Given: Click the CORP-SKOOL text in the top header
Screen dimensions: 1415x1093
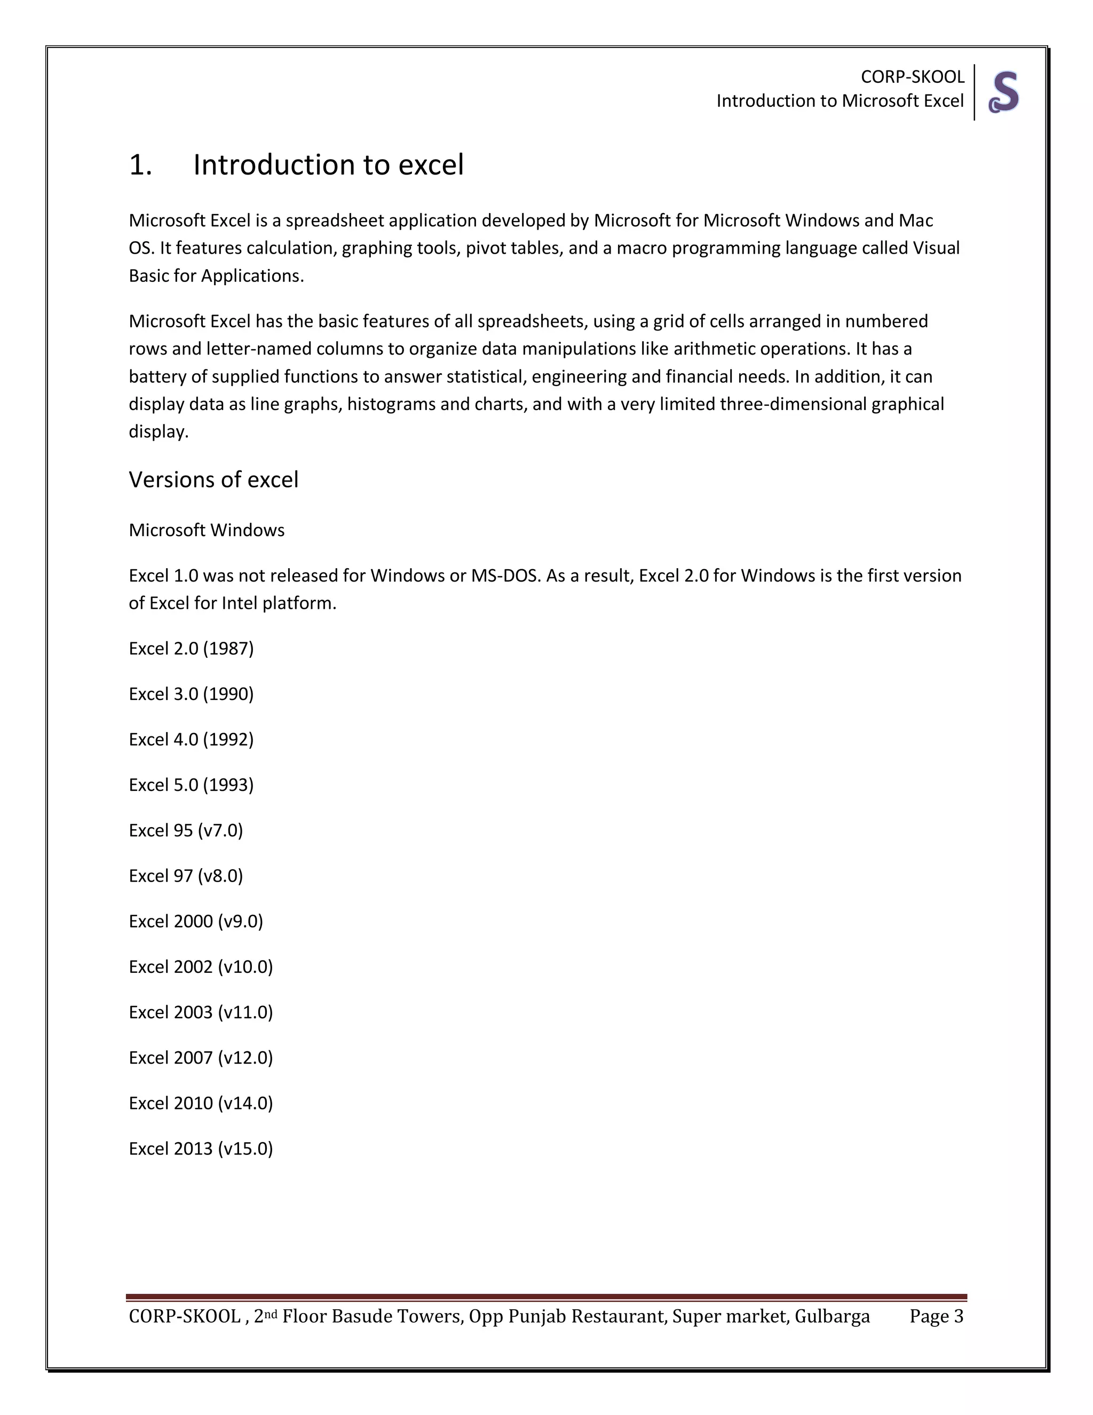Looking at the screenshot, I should click(x=912, y=77).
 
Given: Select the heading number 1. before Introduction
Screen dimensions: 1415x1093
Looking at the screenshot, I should click(x=140, y=165).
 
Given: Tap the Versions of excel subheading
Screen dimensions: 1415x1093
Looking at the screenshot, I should click(x=213, y=480).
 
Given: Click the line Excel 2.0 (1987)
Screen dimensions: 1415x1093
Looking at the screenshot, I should click(x=191, y=649).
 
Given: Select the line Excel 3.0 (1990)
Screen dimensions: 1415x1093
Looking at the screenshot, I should click(x=191, y=694).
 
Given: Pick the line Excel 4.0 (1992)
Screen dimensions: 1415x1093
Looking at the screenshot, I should click(x=191, y=739).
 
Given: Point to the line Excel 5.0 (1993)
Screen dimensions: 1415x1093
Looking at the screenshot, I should click(x=191, y=784).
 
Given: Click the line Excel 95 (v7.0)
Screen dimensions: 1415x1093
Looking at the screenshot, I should click(x=186, y=831).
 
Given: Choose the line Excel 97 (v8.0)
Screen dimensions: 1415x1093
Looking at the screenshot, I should click(x=186, y=876).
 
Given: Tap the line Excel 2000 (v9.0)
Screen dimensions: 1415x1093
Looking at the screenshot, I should click(x=195, y=921).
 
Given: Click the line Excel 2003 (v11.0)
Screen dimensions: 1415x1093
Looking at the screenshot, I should click(x=201, y=1012).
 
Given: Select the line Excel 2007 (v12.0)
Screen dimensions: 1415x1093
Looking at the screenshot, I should click(x=201, y=1057).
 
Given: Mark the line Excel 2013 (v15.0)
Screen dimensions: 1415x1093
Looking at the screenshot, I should click(x=201, y=1149).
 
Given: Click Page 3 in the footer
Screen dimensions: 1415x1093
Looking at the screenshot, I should click(x=936, y=1317).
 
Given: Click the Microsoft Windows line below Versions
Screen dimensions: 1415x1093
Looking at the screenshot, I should click(x=207, y=530).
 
